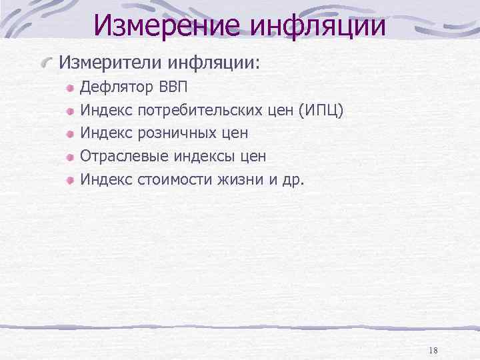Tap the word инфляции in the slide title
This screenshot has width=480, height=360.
click(319, 25)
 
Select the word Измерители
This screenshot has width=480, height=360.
click(110, 63)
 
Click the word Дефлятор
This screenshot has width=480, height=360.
click(116, 87)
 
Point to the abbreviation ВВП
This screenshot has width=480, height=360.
click(174, 87)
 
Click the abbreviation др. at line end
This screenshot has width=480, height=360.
click(292, 179)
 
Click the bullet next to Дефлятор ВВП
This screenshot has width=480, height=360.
click(70, 88)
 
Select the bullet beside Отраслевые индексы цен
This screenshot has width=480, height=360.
click(70, 157)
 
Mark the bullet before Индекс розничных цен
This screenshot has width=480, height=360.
click(70, 134)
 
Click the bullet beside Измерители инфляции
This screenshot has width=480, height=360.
click(46, 63)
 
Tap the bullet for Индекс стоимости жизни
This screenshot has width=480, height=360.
click(70, 179)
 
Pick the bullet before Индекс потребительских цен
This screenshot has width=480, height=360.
click(70, 111)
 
